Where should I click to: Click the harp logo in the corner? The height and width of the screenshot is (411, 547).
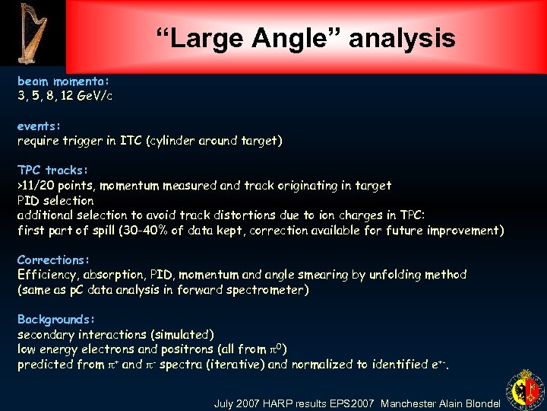tap(32, 32)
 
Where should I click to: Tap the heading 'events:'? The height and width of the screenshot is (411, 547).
tap(39, 126)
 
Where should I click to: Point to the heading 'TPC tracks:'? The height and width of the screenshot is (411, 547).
tap(53, 170)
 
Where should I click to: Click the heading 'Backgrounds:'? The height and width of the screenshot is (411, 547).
tap(56, 320)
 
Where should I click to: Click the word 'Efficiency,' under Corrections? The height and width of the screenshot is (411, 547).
tap(49, 275)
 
